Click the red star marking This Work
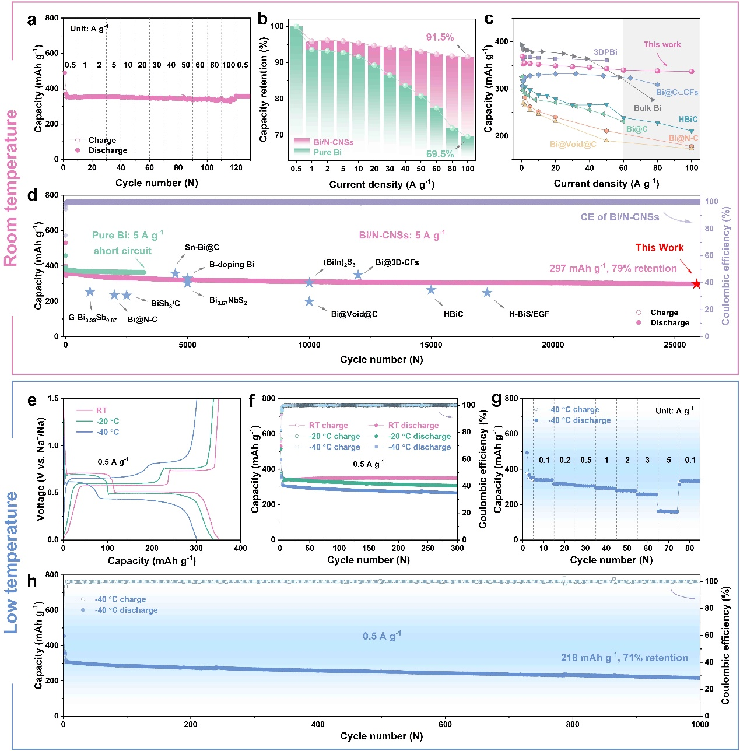tap(696, 284)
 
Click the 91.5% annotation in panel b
tap(440, 37)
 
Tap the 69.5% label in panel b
tap(440, 154)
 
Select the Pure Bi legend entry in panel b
tap(327, 152)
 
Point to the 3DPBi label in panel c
tap(605, 52)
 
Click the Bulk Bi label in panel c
tap(647, 108)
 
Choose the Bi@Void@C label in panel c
tap(573, 144)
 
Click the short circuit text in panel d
tap(122, 251)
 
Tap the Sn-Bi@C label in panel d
tap(202, 247)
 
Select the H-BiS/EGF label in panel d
tap(529, 314)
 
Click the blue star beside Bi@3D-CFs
tap(358, 274)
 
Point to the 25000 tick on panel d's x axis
tap(675, 345)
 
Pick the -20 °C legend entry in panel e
tap(107, 421)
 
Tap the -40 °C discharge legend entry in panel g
tap(579, 420)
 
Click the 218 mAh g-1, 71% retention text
tap(624, 658)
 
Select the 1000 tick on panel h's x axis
tap(699, 724)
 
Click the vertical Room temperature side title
tap(12, 188)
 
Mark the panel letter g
tap(497, 399)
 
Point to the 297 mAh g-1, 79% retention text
tap(612, 268)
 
